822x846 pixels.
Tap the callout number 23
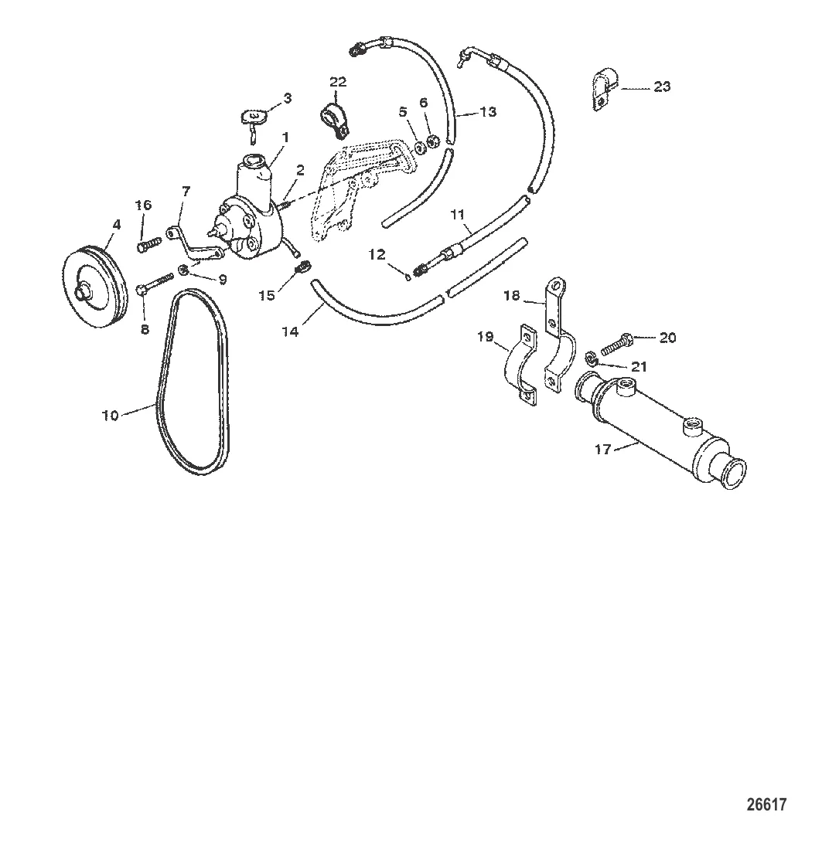662,87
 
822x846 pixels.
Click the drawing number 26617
766,805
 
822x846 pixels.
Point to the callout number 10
111,415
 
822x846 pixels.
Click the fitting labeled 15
303,268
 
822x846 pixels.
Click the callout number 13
488,112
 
